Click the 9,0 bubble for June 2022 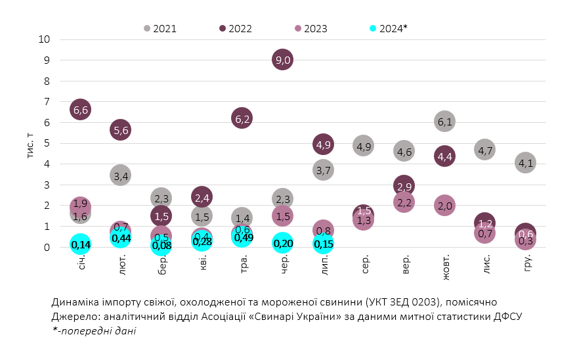pos(282,60)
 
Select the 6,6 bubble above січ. pos(80,110)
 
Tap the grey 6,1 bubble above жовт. pos(444,121)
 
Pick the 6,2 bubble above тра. pos(242,118)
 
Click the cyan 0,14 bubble pos(80,244)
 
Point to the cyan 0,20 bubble pos(282,243)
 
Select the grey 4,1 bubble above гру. pos(525,162)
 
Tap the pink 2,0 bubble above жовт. pos(444,205)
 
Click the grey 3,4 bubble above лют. pos(120,175)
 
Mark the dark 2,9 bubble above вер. pos(404,187)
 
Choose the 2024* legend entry pos(389,28)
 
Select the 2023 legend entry pos(311,28)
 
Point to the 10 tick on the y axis pos(45,39)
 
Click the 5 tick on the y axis pos(47,143)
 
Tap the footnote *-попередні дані pos(94,331)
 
